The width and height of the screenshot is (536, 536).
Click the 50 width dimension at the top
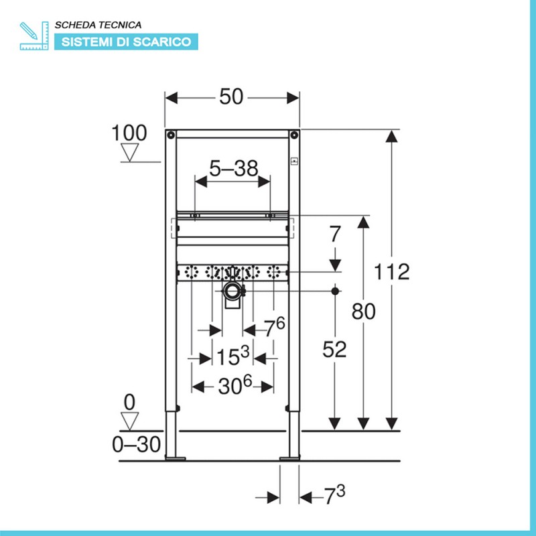231,96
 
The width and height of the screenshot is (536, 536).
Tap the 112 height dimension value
391,272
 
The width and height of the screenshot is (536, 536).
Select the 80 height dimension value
363,312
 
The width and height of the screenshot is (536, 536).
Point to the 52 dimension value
334,349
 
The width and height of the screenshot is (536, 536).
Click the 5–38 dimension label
233,168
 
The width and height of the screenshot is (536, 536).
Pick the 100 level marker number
129,133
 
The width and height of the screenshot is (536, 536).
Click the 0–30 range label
137,444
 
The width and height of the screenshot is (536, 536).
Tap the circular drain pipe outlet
232,291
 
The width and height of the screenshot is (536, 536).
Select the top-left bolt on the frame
171,135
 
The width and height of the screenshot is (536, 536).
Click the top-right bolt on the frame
293,135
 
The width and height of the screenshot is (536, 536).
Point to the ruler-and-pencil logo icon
34,36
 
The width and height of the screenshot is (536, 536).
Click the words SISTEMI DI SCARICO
126,42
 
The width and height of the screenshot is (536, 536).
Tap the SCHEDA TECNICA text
98,25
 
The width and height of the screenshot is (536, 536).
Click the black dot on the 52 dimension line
335,291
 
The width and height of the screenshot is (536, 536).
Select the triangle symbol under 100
130,152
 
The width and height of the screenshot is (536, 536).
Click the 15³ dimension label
232,356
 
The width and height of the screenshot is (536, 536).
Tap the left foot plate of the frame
176,458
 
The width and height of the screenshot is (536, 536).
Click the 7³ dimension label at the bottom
334,495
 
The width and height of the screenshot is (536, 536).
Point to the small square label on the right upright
294,161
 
